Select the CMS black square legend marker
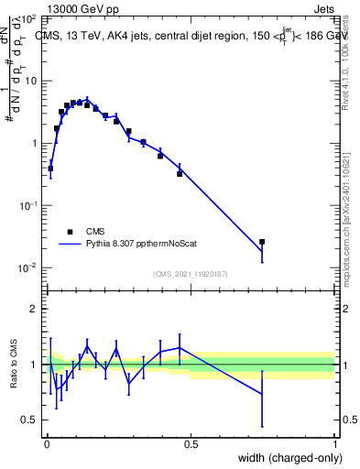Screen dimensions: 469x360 (69, 233)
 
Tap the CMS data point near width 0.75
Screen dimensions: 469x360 (262, 242)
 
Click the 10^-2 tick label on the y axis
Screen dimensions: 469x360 (28, 268)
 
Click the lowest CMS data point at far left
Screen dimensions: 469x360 (50, 169)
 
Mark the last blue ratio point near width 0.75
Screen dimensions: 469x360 (262, 394)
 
